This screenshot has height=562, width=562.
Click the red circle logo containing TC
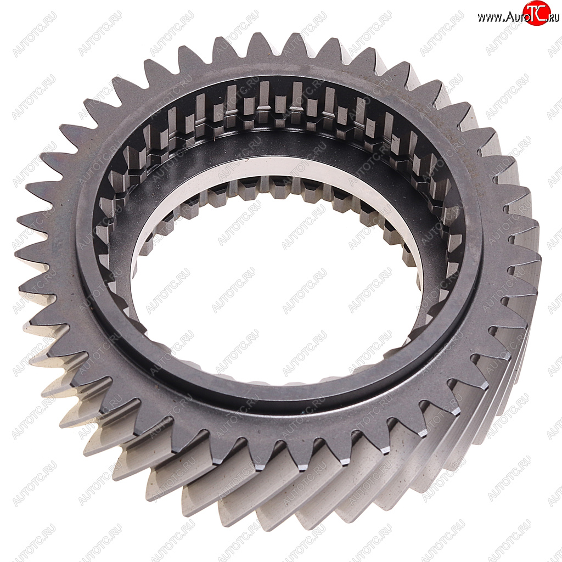pyautogui.click(x=537, y=13)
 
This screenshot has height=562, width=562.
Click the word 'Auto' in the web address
pyautogui.click(x=516, y=16)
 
